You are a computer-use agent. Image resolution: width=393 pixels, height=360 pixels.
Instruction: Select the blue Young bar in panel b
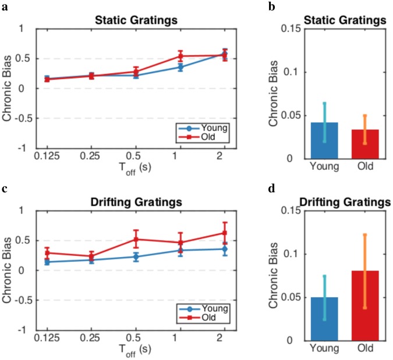tap(324, 140)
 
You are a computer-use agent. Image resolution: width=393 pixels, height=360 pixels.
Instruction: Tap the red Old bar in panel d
tap(364, 305)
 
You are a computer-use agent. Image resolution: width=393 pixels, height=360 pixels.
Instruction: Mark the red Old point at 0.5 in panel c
tap(136, 239)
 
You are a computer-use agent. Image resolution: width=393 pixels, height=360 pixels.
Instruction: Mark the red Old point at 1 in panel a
tap(180, 56)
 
